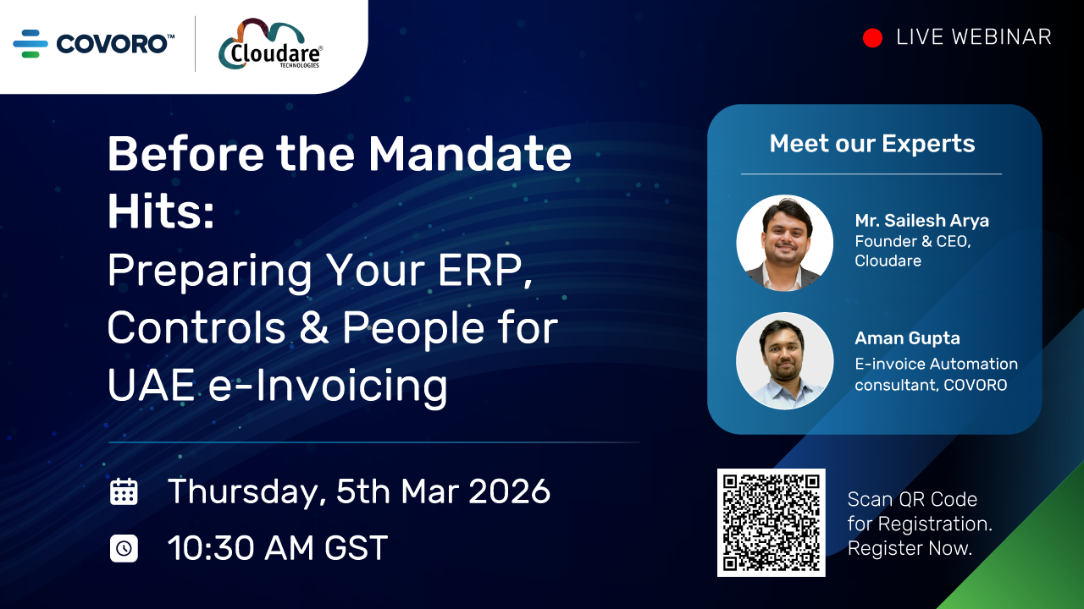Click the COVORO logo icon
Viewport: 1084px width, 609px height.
(30, 43)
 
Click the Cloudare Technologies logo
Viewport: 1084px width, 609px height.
(270, 45)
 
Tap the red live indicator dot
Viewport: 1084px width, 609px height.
(872, 38)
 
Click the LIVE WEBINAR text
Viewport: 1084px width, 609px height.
(973, 37)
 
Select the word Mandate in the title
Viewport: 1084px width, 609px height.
(470, 155)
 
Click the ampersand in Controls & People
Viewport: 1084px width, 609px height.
(314, 328)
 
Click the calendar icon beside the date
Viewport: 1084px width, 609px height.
(124, 491)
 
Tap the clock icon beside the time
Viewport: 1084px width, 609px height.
(124, 548)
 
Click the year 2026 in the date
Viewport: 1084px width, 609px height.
(510, 491)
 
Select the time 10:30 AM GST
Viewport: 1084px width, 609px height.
(278, 548)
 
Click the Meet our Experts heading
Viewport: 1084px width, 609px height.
(872, 144)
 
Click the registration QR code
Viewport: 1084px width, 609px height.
(771, 523)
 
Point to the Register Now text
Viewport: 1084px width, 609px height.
(910, 548)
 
